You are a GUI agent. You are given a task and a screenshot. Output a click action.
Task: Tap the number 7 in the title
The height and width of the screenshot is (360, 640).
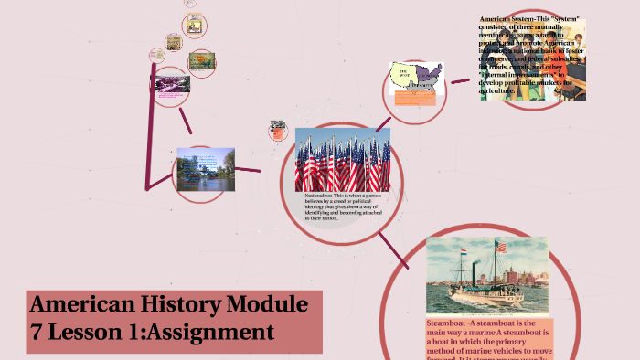[x=39, y=331]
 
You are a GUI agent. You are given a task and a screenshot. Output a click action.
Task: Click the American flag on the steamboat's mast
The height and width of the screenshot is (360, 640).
[x=500, y=247]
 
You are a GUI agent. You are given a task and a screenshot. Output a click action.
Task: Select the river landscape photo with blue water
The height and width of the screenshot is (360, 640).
[x=205, y=171]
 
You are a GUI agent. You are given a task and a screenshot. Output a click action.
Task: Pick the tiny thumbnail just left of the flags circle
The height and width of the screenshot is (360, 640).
[x=277, y=131]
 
